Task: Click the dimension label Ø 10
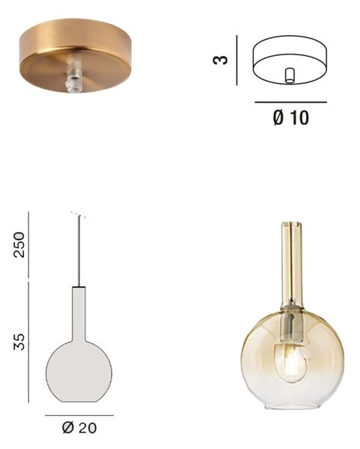pos(290,117)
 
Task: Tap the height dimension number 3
pos(221,60)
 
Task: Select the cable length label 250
pos(19,245)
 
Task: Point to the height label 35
pos(19,341)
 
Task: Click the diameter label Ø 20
pos(79,428)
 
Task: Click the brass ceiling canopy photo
pos(75,55)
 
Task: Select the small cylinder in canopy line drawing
pos(290,76)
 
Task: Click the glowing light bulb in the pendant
pos(290,363)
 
